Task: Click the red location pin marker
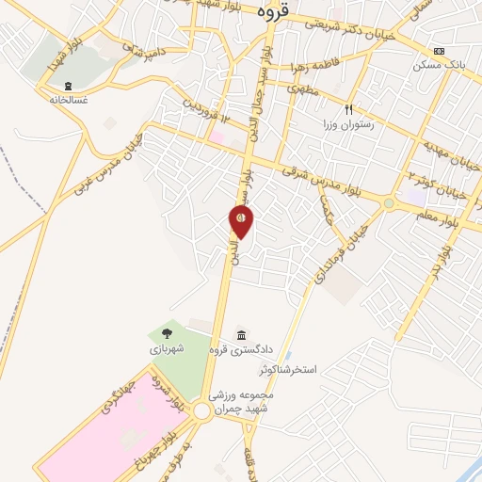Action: point(241,220)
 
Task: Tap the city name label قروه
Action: point(280,14)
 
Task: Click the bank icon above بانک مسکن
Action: point(438,51)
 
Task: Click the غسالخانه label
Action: point(68,98)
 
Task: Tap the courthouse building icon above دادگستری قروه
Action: point(242,334)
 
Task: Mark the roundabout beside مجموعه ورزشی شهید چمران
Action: point(202,412)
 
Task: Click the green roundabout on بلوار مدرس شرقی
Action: point(389,202)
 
